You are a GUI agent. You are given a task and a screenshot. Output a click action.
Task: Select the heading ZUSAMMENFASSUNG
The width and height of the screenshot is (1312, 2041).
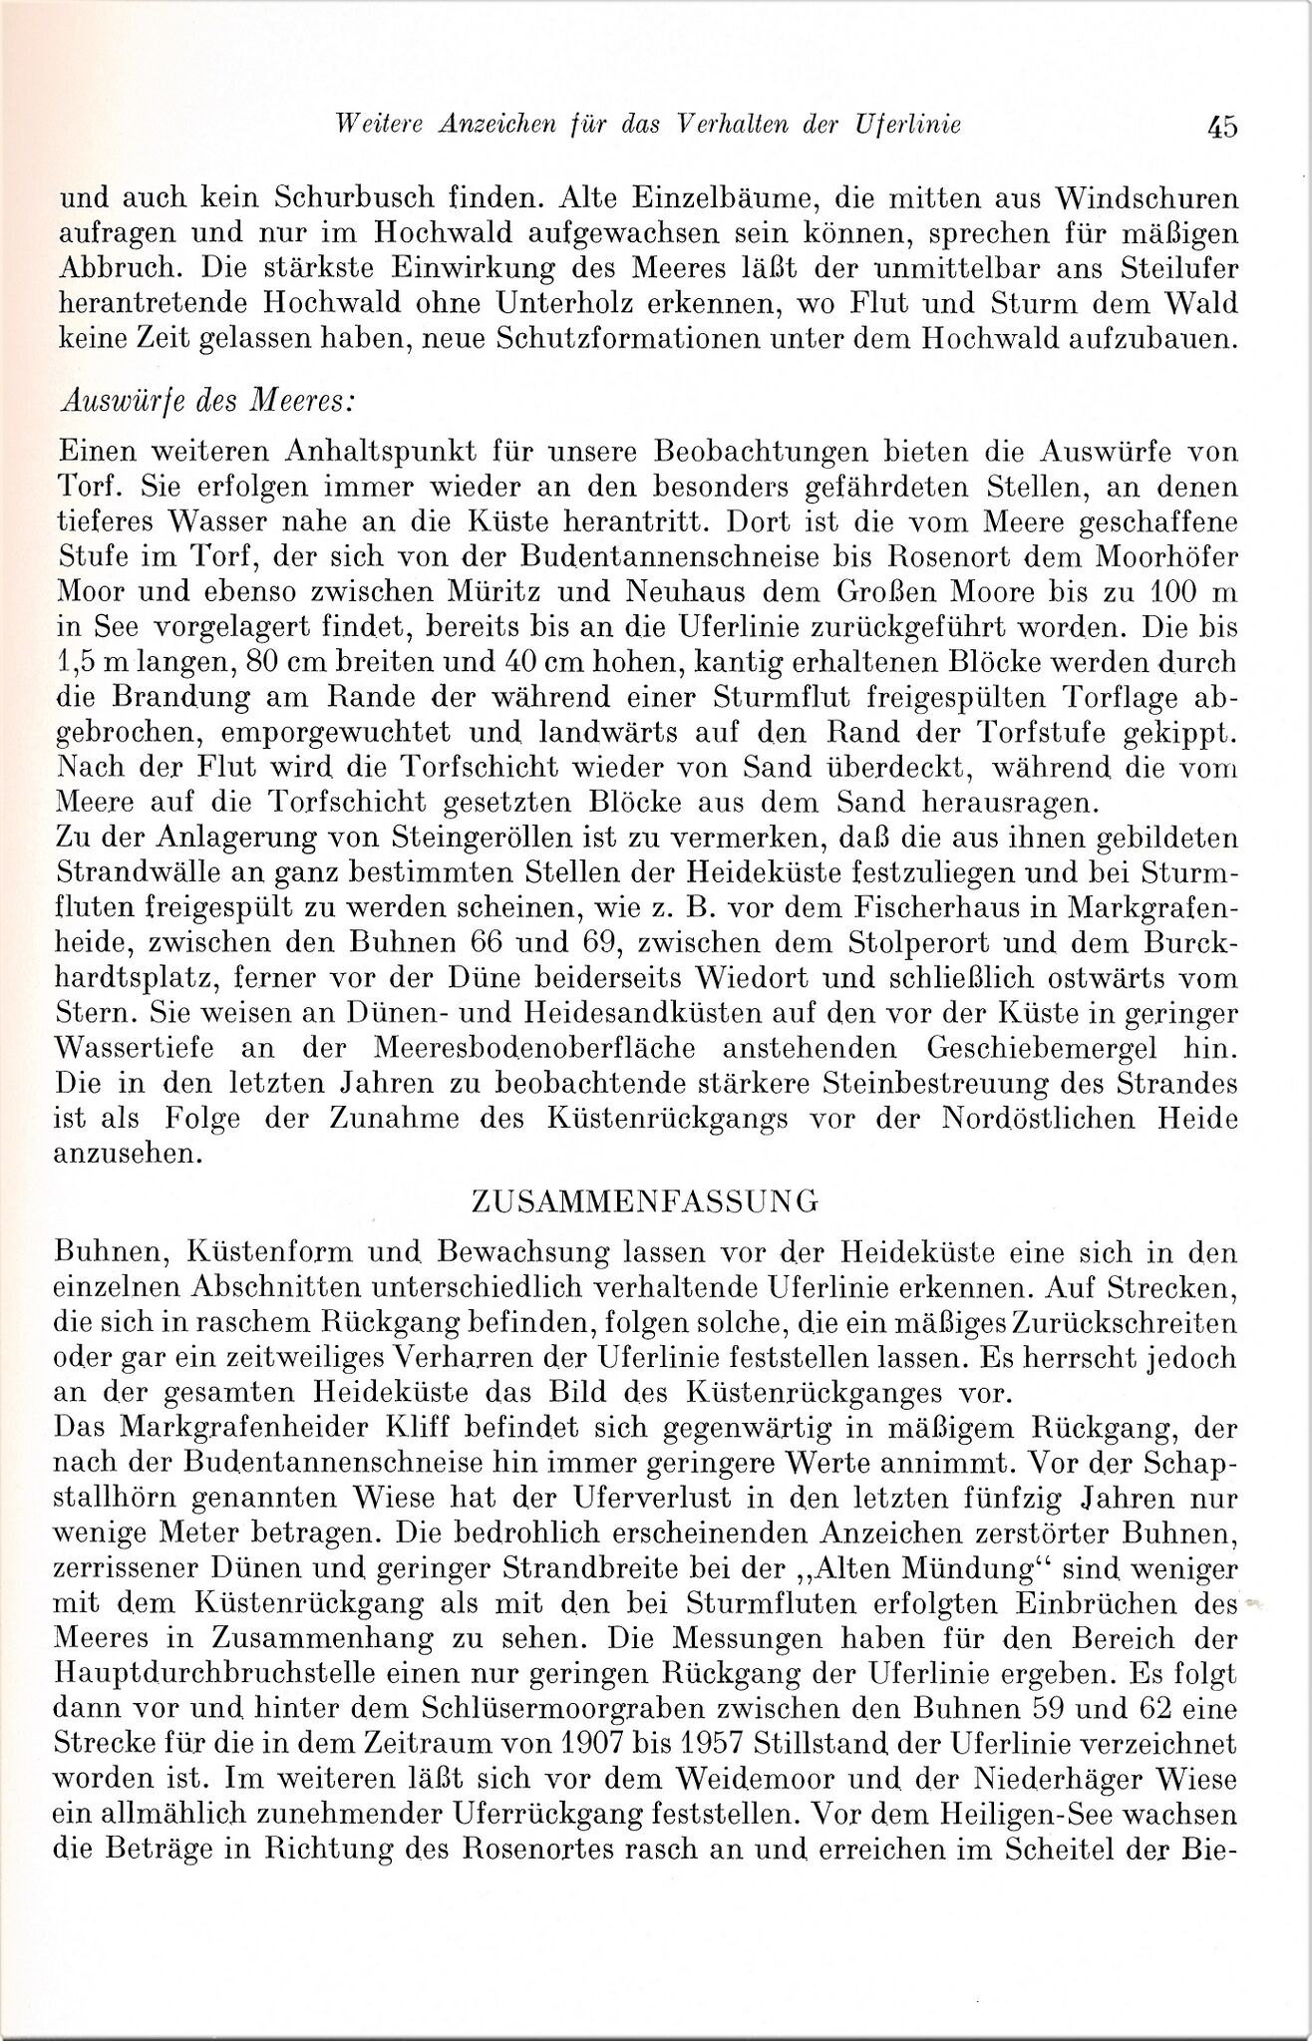pos(644,1200)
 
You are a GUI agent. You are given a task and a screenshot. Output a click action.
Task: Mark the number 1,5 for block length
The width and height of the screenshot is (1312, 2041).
pos(81,663)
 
